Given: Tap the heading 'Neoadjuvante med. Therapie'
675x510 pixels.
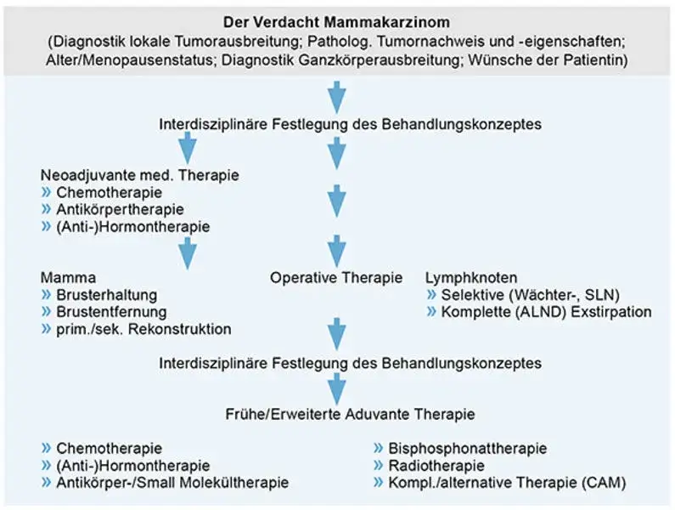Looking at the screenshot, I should point(140,175).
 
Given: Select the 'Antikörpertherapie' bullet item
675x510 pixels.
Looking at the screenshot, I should point(120,209).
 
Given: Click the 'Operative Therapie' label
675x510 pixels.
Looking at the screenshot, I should point(337,277).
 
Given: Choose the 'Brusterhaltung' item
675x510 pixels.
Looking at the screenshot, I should point(106,295).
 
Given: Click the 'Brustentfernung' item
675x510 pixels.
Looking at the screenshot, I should point(111,312).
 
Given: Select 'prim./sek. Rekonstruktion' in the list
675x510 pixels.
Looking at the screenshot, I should point(143,329).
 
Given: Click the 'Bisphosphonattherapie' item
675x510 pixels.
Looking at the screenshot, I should point(467,448).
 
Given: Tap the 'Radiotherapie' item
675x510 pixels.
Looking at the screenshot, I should point(436,466).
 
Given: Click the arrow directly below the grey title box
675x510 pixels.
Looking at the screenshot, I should point(337,93).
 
